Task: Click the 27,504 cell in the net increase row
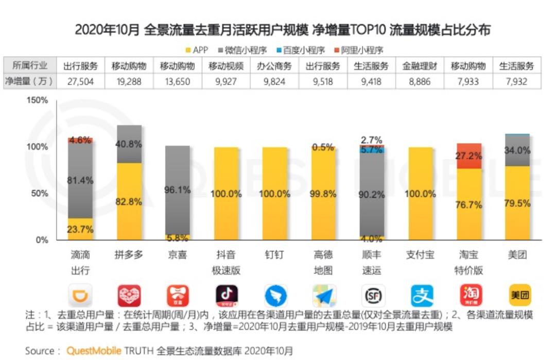[x=80, y=81]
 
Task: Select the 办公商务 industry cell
[x=274, y=66]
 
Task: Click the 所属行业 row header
[x=30, y=66]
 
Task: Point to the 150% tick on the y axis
[x=37, y=100]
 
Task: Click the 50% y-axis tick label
[x=39, y=194]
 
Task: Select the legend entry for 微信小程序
[x=242, y=50]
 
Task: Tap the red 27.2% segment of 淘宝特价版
[x=468, y=156]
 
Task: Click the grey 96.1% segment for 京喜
[x=178, y=190]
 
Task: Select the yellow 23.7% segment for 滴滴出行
[x=81, y=229]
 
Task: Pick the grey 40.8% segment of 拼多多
[x=129, y=144]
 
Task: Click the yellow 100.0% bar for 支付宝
[x=420, y=194]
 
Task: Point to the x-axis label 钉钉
[x=274, y=255]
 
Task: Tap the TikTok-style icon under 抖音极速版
[x=226, y=296]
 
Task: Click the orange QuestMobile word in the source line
[x=94, y=351]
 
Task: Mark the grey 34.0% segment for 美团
[x=517, y=150]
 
